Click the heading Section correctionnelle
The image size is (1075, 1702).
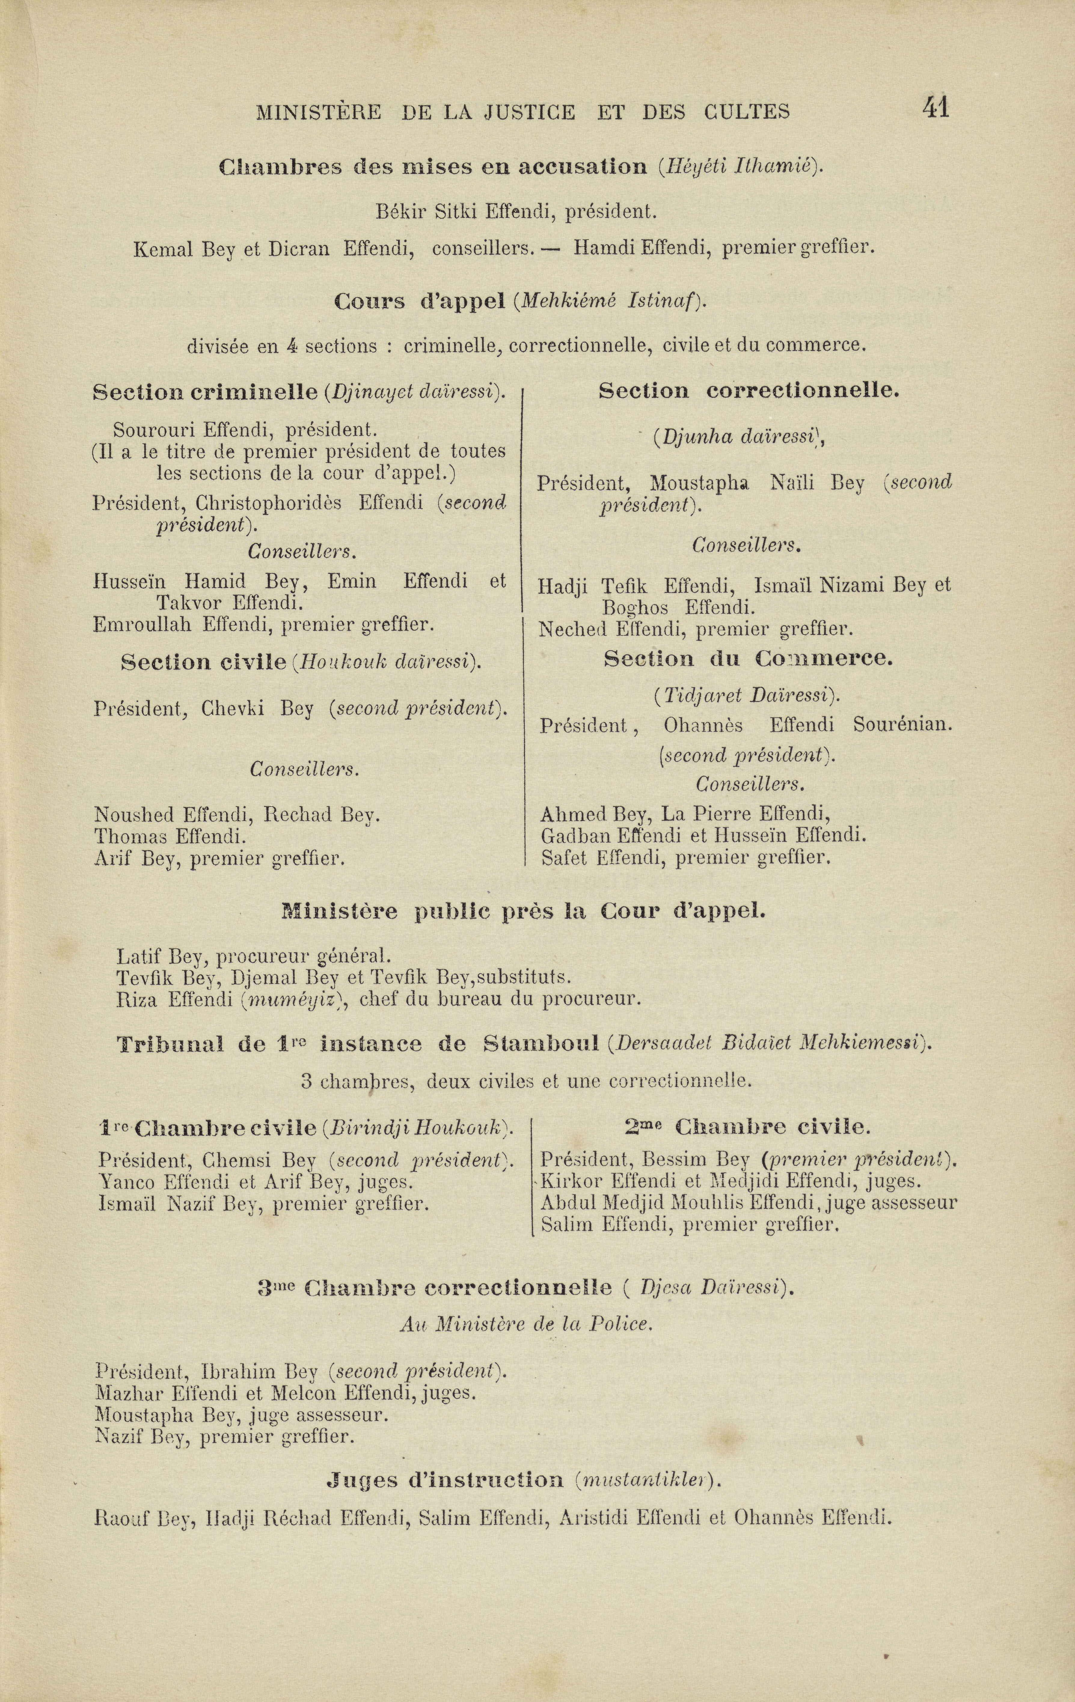[x=748, y=391]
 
